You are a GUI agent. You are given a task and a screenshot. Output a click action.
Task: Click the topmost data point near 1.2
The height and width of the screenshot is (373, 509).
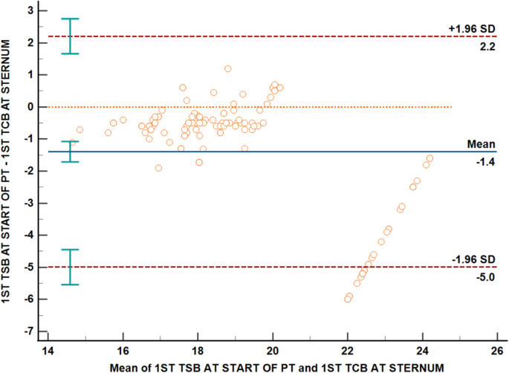coord(227,68)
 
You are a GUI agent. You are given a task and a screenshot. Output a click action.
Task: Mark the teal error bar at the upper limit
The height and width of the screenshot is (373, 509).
coord(70,36)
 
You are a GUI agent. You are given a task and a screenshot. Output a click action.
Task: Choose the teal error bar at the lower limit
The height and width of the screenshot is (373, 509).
coord(70,267)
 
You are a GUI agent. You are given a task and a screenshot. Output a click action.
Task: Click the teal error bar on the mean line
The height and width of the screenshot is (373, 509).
coord(70,152)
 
